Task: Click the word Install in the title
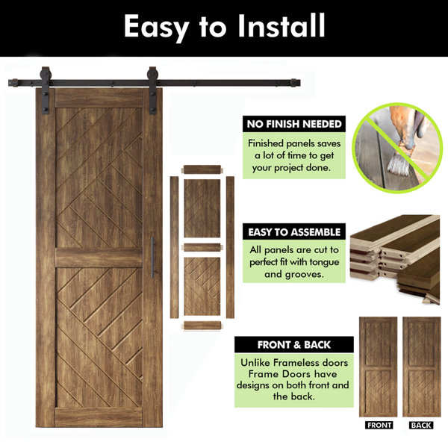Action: click(281, 25)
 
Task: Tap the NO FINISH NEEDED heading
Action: click(294, 124)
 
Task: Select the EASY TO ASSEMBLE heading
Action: click(294, 232)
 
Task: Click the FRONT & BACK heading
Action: click(294, 345)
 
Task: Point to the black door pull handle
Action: click(152, 258)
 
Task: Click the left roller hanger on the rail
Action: click(45, 90)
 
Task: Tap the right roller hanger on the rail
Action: click(153, 90)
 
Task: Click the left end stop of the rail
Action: click(13, 83)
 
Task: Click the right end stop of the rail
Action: click(295, 83)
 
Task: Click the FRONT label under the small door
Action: click(379, 425)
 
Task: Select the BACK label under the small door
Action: click(421, 425)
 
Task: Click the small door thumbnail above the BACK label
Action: click(422, 367)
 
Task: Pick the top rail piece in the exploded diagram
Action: click(202, 169)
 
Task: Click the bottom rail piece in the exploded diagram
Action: click(202, 326)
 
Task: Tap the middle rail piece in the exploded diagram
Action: click(202, 247)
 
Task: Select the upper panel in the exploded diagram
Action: click(202, 208)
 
